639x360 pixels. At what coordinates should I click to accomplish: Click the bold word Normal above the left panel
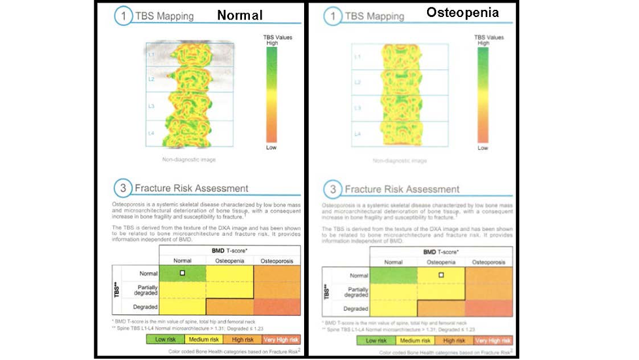pyautogui.click(x=239, y=15)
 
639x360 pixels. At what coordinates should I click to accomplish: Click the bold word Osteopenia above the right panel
pyautogui.click(x=462, y=12)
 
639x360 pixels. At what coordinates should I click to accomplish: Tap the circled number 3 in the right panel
pyautogui.click(x=333, y=189)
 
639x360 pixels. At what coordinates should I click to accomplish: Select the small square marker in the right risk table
pyautogui.click(x=441, y=275)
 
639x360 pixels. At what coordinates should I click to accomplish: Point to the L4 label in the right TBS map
pyautogui.click(x=357, y=134)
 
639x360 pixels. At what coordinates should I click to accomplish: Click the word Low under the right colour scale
pyautogui.click(x=483, y=148)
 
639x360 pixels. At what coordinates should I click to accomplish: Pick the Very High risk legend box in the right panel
pyautogui.click(x=491, y=340)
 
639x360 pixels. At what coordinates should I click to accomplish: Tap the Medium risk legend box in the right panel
pyautogui.click(x=415, y=340)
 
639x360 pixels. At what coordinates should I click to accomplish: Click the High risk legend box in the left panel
pyautogui.click(x=242, y=339)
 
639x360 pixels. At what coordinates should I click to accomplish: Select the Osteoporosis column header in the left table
pyautogui.click(x=277, y=261)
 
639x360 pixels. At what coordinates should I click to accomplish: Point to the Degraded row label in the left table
pyautogui.click(x=145, y=306)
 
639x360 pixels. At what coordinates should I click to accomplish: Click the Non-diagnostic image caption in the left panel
pyautogui.click(x=189, y=159)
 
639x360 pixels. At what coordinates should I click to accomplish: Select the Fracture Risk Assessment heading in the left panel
pyautogui.click(x=192, y=189)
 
